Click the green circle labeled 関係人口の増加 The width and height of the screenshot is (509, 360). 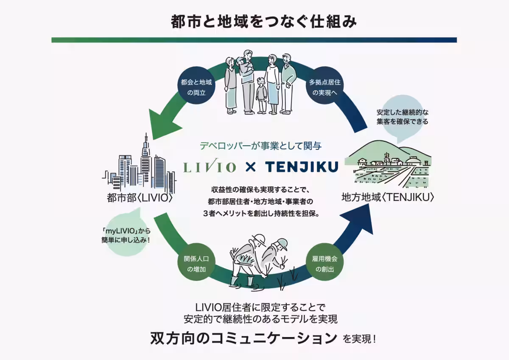pyautogui.click(x=196, y=263)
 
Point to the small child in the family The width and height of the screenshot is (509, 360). pyautogui.click(x=261, y=96)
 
